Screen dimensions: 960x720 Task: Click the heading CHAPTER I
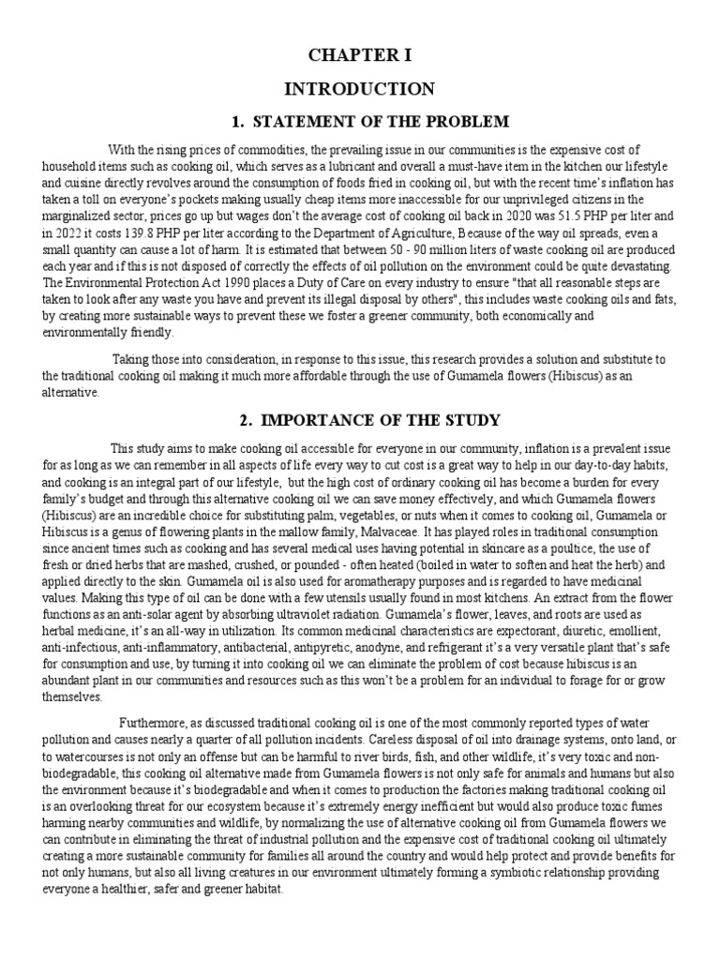click(x=360, y=56)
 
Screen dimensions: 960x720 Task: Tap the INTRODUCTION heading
click(x=360, y=89)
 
